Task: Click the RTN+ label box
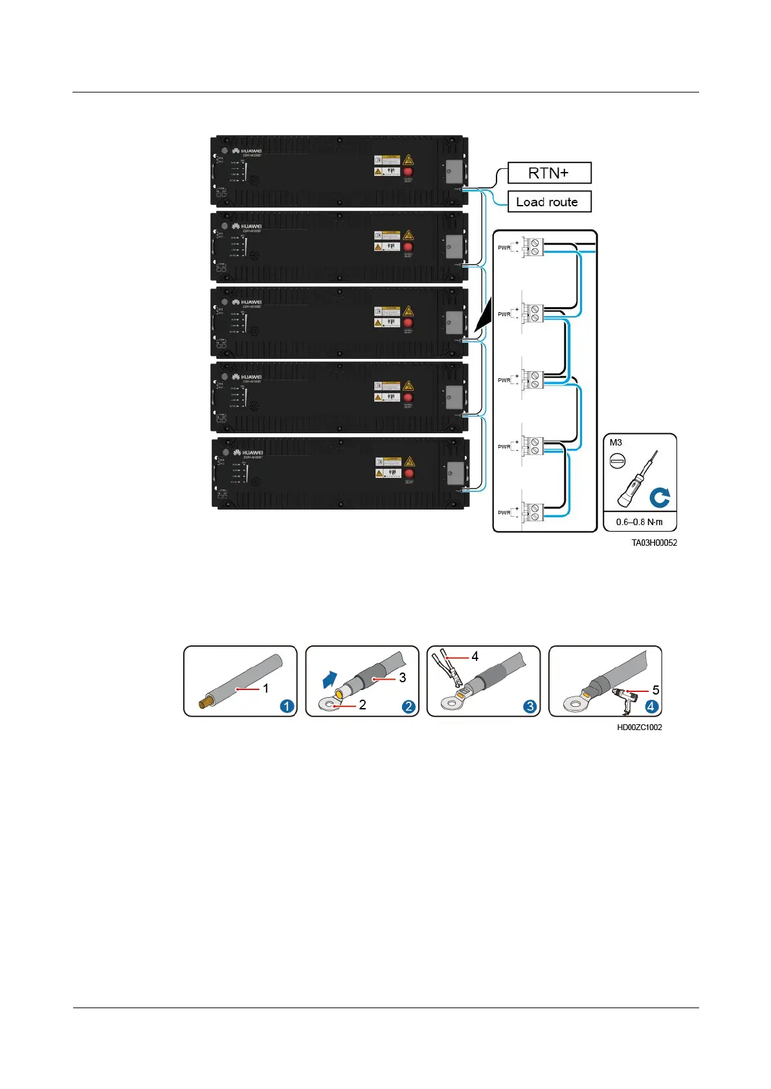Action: coord(549,173)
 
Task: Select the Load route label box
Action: coord(549,202)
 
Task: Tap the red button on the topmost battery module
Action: coord(408,172)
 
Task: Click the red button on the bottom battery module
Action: coord(409,473)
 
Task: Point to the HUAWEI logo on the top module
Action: coord(247,151)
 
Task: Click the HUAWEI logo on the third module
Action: coord(247,302)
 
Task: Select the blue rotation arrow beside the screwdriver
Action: coord(660,498)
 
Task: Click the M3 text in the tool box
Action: coord(616,443)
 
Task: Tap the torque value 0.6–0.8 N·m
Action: coord(639,522)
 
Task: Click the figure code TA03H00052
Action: coord(654,543)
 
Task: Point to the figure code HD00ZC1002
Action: coord(639,728)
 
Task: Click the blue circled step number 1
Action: coord(286,706)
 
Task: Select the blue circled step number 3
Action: coord(530,706)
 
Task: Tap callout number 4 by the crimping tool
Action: coord(475,657)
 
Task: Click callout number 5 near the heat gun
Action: coord(655,690)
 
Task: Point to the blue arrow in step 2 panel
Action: coord(330,680)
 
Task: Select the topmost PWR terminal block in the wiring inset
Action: coord(533,247)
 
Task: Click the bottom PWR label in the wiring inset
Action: coord(504,513)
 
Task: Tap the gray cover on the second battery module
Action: coord(454,247)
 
